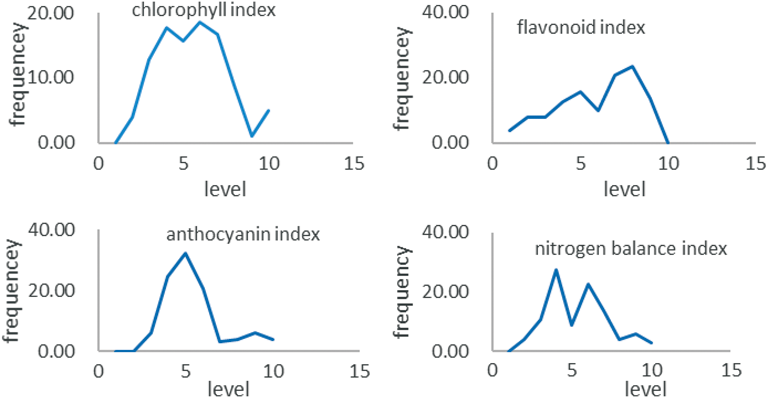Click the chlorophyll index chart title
pos(204,10)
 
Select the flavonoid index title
pos(581,28)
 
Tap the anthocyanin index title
pos(243,234)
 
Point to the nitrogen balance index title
pos(630,249)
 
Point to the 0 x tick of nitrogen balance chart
pos(491,371)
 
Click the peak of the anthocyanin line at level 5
pos(186,253)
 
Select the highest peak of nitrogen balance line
pos(556,269)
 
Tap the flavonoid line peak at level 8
pos(631,66)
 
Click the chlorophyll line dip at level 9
pos(252,136)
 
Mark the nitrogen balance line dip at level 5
pos(572,325)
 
